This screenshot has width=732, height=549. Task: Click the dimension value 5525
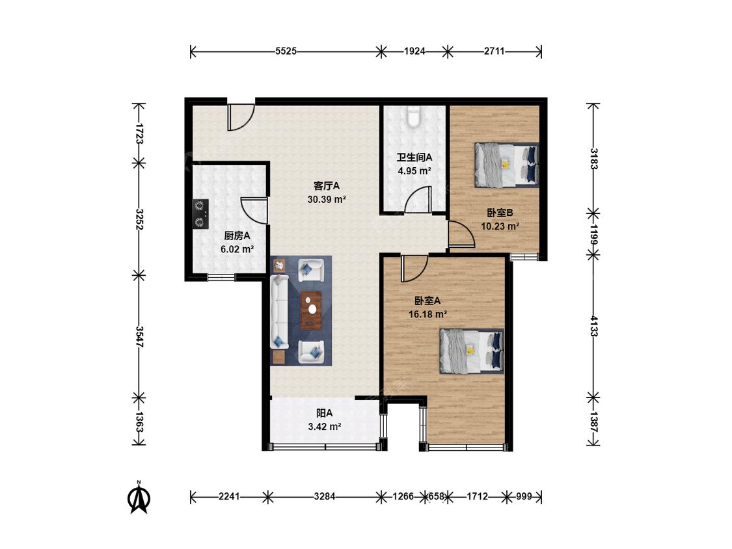pyautogui.click(x=286, y=51)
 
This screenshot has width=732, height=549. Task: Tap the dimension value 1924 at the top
pyautogui.click(x=414, y=51)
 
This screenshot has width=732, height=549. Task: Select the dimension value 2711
pyautogui.click(x=494, y=51)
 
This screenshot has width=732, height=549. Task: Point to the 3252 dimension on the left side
pyautogui.click(x=139, y=219)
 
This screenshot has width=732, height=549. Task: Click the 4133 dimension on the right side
pyautogui.click(x=593, y=326)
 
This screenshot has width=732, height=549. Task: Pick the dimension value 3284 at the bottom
pyautogui.click(x=324, y=497)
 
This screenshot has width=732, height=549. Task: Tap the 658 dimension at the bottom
pyautogui.click(x=437, y=497)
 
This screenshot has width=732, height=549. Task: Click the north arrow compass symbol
pyautogui.click(x=139, y=498)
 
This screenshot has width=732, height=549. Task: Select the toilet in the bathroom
pyautogui.click(x=413, y=116)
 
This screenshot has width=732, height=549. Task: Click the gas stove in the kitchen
pyautogui.click(x=201, y=214)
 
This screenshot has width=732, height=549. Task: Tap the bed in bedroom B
pyautogui.click(x=506, y=165)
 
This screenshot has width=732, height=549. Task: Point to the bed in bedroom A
pyautogui.click(x=472, y=351)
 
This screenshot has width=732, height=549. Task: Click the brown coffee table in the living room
pyautogui.click(x=312, y=310)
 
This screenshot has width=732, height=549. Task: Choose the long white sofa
pyautogui.click(x=280, y=312)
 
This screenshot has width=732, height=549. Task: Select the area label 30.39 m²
pyautogui.click(x=327, y=200)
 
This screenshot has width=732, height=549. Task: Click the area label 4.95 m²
pyautogui.click(x=414, y=171)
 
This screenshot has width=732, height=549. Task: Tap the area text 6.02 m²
pyautogui.click(x=237, y=249)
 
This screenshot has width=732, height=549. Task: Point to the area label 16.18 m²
pyautogui.click(x=427, y=314)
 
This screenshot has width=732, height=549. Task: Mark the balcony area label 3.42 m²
pyautogui.click(x=325, y=427)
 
